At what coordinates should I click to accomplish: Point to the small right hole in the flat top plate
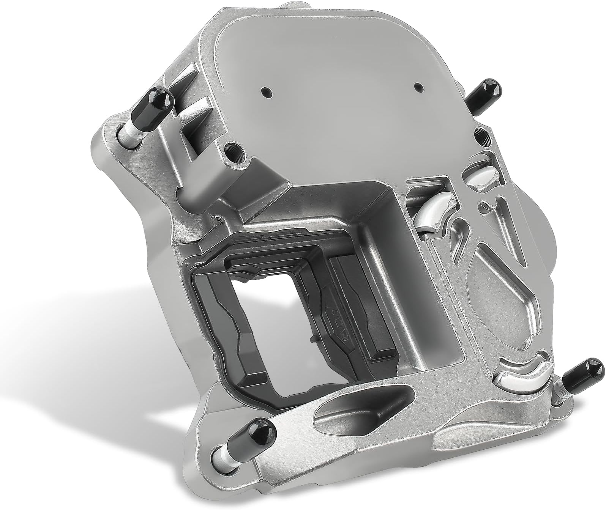418,87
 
